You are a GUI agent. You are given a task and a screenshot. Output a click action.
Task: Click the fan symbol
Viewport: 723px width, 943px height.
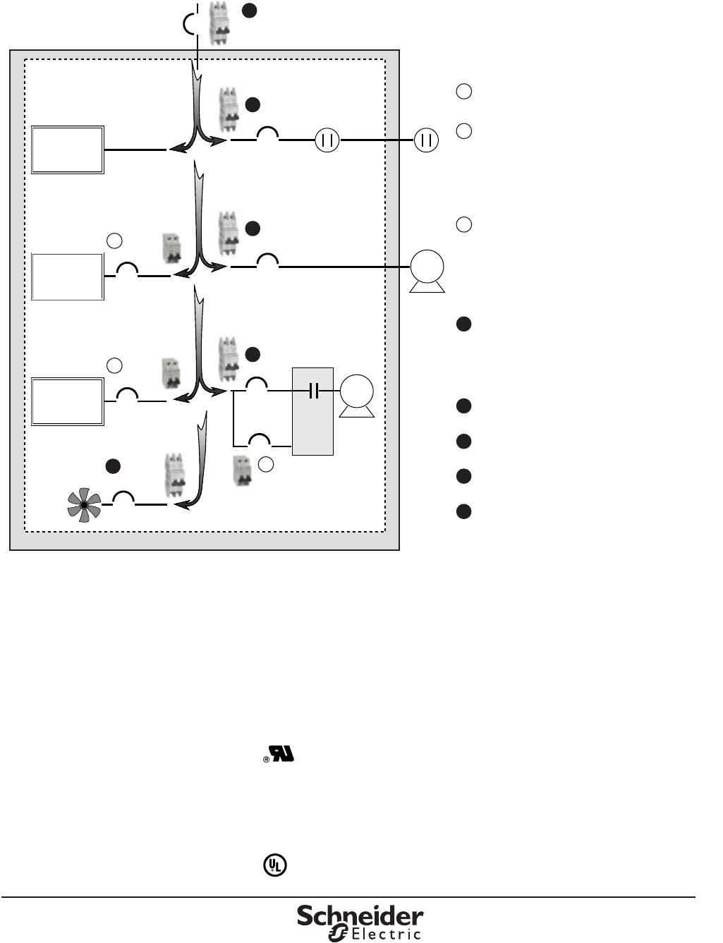tap(84, 505)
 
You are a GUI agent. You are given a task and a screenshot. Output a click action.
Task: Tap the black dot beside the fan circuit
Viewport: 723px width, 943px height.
tap(113, 466)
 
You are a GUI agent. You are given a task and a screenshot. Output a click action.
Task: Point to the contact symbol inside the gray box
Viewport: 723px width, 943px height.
tap(314, 390)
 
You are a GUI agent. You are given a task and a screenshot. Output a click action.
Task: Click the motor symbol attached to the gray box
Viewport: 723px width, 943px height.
tap(357, 393)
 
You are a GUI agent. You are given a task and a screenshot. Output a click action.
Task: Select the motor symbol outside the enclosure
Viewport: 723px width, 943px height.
tap(427, 269)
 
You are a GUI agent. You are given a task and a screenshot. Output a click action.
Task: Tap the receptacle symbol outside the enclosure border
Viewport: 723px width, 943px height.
tap(426, 140)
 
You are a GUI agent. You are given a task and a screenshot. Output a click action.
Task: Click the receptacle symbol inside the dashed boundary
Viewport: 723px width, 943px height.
tap(327, 140)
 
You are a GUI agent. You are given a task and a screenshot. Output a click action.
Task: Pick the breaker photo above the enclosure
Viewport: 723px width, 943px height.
tap(220, 23)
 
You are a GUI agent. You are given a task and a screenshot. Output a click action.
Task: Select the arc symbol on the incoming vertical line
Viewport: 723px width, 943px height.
tap(188, 25)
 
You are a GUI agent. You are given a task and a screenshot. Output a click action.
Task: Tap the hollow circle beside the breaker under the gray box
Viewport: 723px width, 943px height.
tap(265, 463)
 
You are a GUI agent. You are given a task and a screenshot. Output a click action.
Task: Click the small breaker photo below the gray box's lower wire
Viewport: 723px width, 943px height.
tap(243, 471)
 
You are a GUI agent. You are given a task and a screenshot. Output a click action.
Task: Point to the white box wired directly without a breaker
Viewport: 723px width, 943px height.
tap(68, 150)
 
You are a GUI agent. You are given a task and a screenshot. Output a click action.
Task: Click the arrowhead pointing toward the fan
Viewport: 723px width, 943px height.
tap(181, 504)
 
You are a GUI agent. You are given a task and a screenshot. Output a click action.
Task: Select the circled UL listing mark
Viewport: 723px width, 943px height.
tap(275, 865)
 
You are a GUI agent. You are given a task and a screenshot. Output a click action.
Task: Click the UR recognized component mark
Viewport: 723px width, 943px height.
tap(281, 754)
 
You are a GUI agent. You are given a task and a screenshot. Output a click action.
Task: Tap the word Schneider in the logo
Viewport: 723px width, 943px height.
tap(360, 916)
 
